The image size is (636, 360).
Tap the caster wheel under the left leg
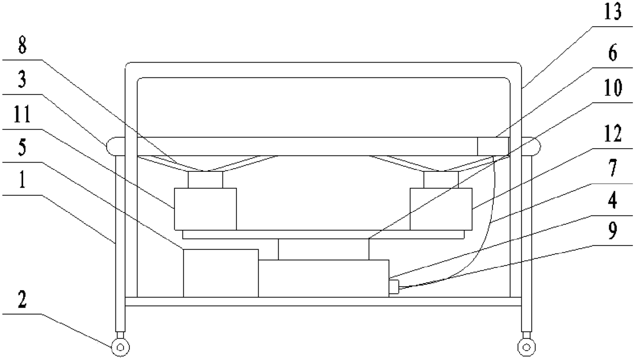pos(120,347)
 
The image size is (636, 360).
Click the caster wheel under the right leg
pos(526,347)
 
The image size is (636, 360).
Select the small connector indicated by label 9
pos(393,286)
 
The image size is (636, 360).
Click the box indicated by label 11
pos(205,209)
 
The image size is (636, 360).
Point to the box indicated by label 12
pos(441,209)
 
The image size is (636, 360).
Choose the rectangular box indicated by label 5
pos(221,273)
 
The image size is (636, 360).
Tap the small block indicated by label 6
pos(493,146)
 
